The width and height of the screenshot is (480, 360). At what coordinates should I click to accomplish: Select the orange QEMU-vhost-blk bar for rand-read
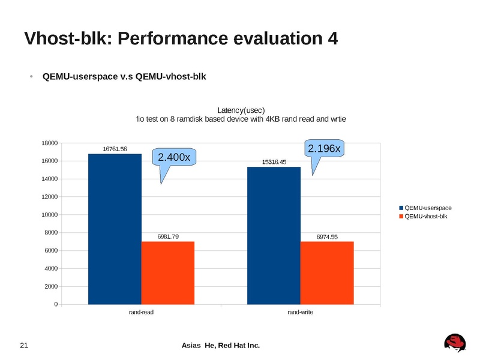(168, 273)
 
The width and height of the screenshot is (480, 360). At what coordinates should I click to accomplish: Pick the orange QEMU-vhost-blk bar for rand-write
(327, 273)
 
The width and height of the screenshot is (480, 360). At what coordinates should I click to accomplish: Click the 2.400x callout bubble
(174, 157)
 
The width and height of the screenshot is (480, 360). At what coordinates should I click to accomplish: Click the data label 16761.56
(115, 149)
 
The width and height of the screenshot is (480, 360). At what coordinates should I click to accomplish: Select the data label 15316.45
(274, 162)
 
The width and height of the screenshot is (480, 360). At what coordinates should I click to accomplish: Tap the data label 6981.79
(168, 236)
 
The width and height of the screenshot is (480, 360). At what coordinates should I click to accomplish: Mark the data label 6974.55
(327, 236)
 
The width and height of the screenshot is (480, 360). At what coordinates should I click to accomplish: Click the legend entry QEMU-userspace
(428, 208)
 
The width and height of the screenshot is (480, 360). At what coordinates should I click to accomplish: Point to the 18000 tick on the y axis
(50, 143)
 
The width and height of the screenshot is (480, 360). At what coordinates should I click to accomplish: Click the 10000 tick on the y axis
(50, 215)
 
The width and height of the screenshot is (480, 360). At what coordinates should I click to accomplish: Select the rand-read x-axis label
(142, 313)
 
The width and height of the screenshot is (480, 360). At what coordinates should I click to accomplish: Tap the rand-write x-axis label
(301, 313)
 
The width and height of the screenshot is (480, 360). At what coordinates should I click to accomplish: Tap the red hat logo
(455, 342)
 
